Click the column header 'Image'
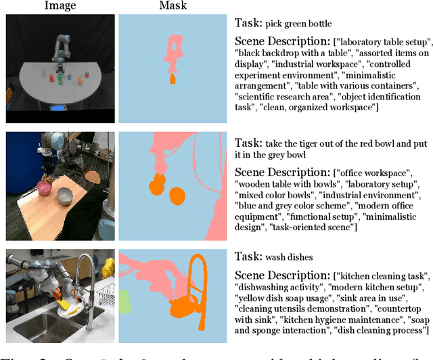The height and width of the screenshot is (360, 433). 60,6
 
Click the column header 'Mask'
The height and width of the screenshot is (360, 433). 173,6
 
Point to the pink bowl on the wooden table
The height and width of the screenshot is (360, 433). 45,187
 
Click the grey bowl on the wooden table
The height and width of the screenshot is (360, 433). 65,198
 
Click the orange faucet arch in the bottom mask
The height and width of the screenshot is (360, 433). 200,271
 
